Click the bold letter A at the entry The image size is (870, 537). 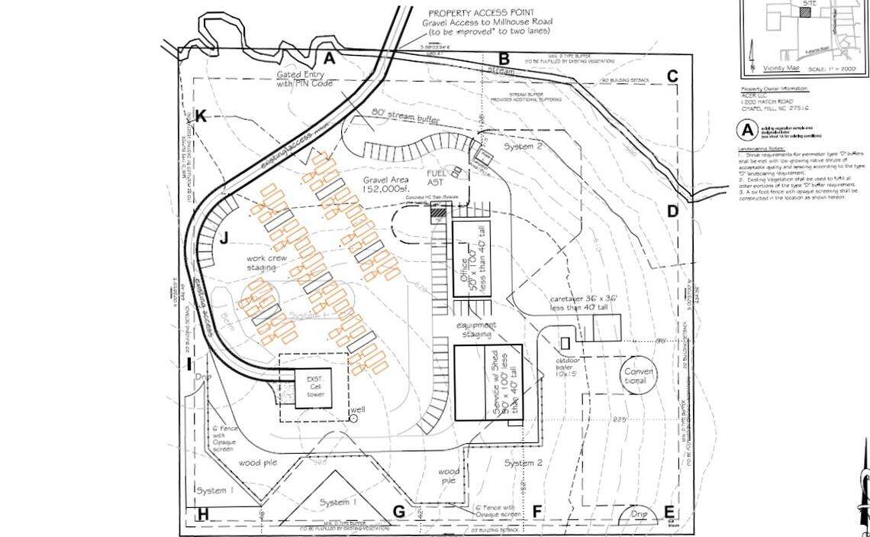coord(330,57)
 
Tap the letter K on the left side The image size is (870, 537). coord(201,116)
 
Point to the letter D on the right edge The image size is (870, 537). coord(672,212)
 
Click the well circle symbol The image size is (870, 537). coord(353,417)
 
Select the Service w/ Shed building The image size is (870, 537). coord(488,383)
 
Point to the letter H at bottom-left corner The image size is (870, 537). coord(202,514)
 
